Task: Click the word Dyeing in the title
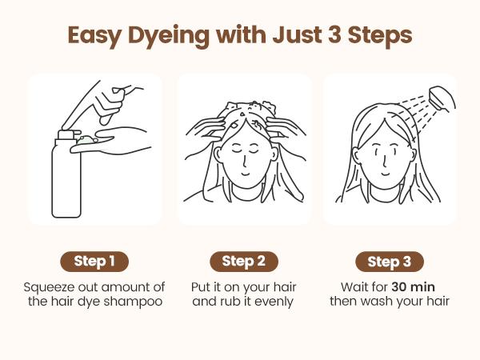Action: pyautogui.click(x=169, y=36)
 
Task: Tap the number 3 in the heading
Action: pyautogui.click(x=335, y=34)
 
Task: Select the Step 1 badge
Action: pyautogui.click(x=94, y=262)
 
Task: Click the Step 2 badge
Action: pyautogui.click(x=244, y=262)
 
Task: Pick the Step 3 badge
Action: pyautogui.click(x=390, y=262)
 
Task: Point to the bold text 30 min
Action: pyautogui.click(x=414, y=287)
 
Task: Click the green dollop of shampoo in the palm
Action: pyautogui.click(x=86, y=139)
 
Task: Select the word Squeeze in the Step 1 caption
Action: pyautogui.click(x=49, y=288)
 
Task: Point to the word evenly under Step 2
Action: pyautogui.click(x=274, y=302)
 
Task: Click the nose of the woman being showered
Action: pyautogui.click(x=385, y=160)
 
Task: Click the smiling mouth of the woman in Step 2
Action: pyautogui.click(x=245, y=174)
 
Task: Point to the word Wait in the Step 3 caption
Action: pyautogui.click(x=355, y=287)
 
